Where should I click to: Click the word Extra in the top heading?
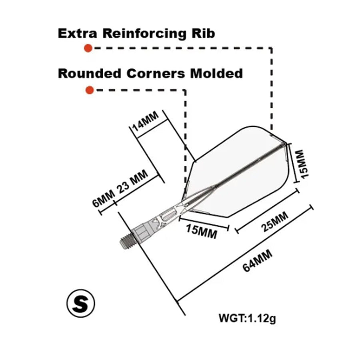pos(77,33)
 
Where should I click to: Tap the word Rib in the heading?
pos(204,33)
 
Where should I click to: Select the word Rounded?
pos(90,74)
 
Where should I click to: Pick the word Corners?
pos(156,74)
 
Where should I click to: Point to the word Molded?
pos(216,74)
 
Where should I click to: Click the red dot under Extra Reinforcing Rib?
pos(88,48)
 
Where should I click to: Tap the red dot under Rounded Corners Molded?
pos(90,90)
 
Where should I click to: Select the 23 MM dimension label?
pos(132,182)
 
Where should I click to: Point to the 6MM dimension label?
pos(103,198)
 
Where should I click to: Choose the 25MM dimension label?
pos(274,222)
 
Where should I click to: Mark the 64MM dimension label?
pos(258,260)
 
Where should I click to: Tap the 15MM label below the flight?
pos(202,232)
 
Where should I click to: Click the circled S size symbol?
pos(80,303)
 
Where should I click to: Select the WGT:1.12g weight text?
pos(247,318)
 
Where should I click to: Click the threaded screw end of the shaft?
pos(128,243)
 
